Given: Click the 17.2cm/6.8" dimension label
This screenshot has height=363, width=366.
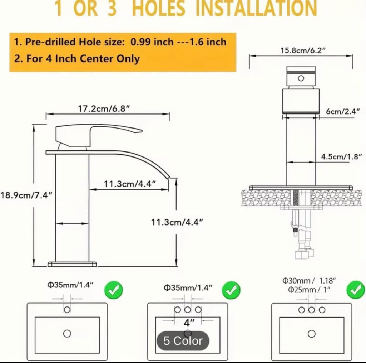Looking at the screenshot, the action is pos(104,109).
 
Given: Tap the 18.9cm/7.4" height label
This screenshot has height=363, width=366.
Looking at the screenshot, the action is pos(26,195).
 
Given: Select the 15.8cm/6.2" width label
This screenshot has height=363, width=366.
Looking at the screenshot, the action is pos(303,50).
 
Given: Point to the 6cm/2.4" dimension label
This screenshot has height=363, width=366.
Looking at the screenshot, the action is pos(343,111).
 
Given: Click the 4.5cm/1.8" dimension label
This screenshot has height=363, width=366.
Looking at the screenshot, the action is pos(341,156).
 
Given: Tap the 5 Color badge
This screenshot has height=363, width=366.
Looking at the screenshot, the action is pos(183,340).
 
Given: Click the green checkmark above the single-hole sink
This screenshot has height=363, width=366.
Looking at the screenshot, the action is pos(113,290).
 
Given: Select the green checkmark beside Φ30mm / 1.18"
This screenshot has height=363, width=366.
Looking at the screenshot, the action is pos(356,290).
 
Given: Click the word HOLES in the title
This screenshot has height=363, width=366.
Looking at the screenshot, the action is pos(159,9).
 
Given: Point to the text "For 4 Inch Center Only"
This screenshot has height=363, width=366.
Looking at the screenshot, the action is pos(83,58).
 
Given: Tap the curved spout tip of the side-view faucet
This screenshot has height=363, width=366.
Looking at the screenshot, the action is pos(168,177).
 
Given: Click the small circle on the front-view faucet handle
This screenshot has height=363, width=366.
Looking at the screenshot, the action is pos(301,78).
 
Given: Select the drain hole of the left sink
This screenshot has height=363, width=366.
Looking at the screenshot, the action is pos(67,333).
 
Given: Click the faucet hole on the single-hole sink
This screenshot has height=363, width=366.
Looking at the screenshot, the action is pos(67,310).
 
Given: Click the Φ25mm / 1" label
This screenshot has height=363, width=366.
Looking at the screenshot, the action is pos(309,290).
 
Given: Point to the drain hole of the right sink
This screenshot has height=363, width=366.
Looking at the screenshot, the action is pos(312,334).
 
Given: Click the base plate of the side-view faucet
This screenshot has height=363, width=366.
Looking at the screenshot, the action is pos(72,264).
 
